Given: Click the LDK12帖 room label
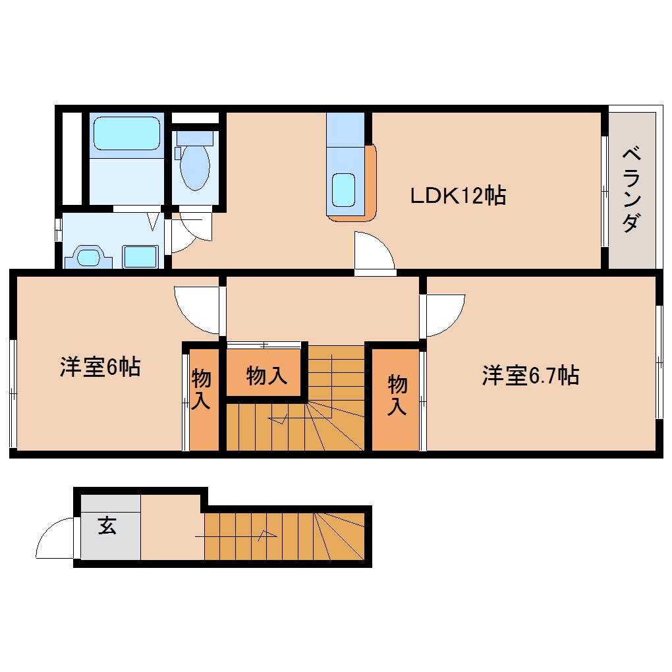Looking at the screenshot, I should (458, 195).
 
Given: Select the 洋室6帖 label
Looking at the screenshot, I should (99, 367).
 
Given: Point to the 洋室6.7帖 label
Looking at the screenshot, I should (530, 376).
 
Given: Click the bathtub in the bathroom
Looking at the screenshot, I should (126, 134).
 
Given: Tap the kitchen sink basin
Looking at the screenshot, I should (344, 189).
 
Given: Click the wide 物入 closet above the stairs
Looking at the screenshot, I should (266, 376).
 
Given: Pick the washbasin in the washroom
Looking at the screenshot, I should (88, 256).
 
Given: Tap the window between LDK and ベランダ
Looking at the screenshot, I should (605, 191).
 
